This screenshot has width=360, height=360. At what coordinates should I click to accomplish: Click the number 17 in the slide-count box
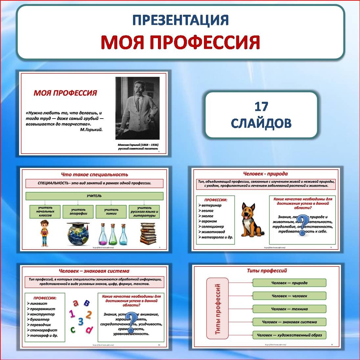pos(261,107)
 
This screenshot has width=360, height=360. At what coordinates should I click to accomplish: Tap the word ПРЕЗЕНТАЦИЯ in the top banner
pos(180,20)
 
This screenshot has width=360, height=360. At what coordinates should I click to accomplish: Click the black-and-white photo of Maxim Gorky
pos(138,108)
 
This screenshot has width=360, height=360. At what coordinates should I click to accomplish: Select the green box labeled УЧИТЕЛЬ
pos(94,196)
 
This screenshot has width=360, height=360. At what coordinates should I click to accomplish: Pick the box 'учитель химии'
pos(111,212)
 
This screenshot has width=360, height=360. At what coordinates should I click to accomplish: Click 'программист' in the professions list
pos(43,309)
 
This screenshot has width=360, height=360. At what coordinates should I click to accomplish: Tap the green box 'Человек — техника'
pos(289,309)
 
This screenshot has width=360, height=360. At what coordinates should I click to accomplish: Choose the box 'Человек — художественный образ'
pos(289,335)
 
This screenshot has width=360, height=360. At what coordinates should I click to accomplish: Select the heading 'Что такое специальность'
pos(95,174)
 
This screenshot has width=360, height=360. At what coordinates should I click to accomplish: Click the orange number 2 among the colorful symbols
pos(88,315)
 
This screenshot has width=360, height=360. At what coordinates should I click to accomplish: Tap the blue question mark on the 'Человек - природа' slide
pos(303,225)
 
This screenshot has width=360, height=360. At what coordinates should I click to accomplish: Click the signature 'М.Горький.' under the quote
pos(91,129)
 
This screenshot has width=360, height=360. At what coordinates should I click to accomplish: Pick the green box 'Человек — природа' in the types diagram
pos(289,283)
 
